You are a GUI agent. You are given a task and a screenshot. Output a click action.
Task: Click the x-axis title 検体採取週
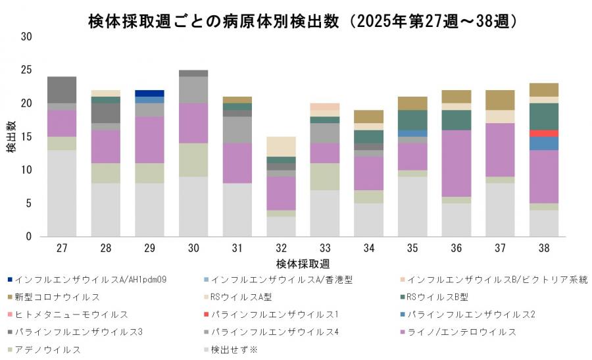pos(303,263)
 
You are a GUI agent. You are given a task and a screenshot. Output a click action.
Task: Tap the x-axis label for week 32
pos(281,248)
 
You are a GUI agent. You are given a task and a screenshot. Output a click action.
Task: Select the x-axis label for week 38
pos(543,248)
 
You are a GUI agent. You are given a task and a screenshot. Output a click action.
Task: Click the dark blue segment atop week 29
pos(149,93)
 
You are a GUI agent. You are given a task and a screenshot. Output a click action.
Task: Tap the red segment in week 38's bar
pos(543,133)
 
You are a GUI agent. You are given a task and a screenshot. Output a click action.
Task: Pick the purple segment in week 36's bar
pos(456,163)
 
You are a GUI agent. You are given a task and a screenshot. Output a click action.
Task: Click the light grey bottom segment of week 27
pos(62,193)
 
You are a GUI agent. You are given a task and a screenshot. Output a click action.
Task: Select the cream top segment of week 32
pos(281,146)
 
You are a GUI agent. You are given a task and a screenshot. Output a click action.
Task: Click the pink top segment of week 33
pos(324,107)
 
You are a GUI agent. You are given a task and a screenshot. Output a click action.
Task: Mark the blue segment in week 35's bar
pos(412,133)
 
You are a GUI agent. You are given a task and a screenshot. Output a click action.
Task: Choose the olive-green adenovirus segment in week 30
pos(193,160)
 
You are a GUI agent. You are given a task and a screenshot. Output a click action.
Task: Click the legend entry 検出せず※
pos(234,349)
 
